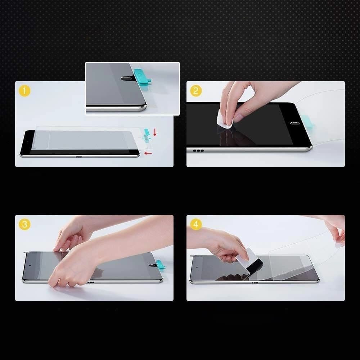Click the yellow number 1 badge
(x=24, y=91)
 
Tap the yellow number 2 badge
(x=195, y=91)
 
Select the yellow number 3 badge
(x=24, y=225)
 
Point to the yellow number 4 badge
(x=195, y=225)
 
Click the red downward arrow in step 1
(x=155, y=132)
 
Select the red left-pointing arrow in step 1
(x=148, y=153)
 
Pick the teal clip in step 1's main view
(x=147, y=134)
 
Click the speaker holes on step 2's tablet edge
(x=198, y=150)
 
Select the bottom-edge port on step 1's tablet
(x=78, y=157)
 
